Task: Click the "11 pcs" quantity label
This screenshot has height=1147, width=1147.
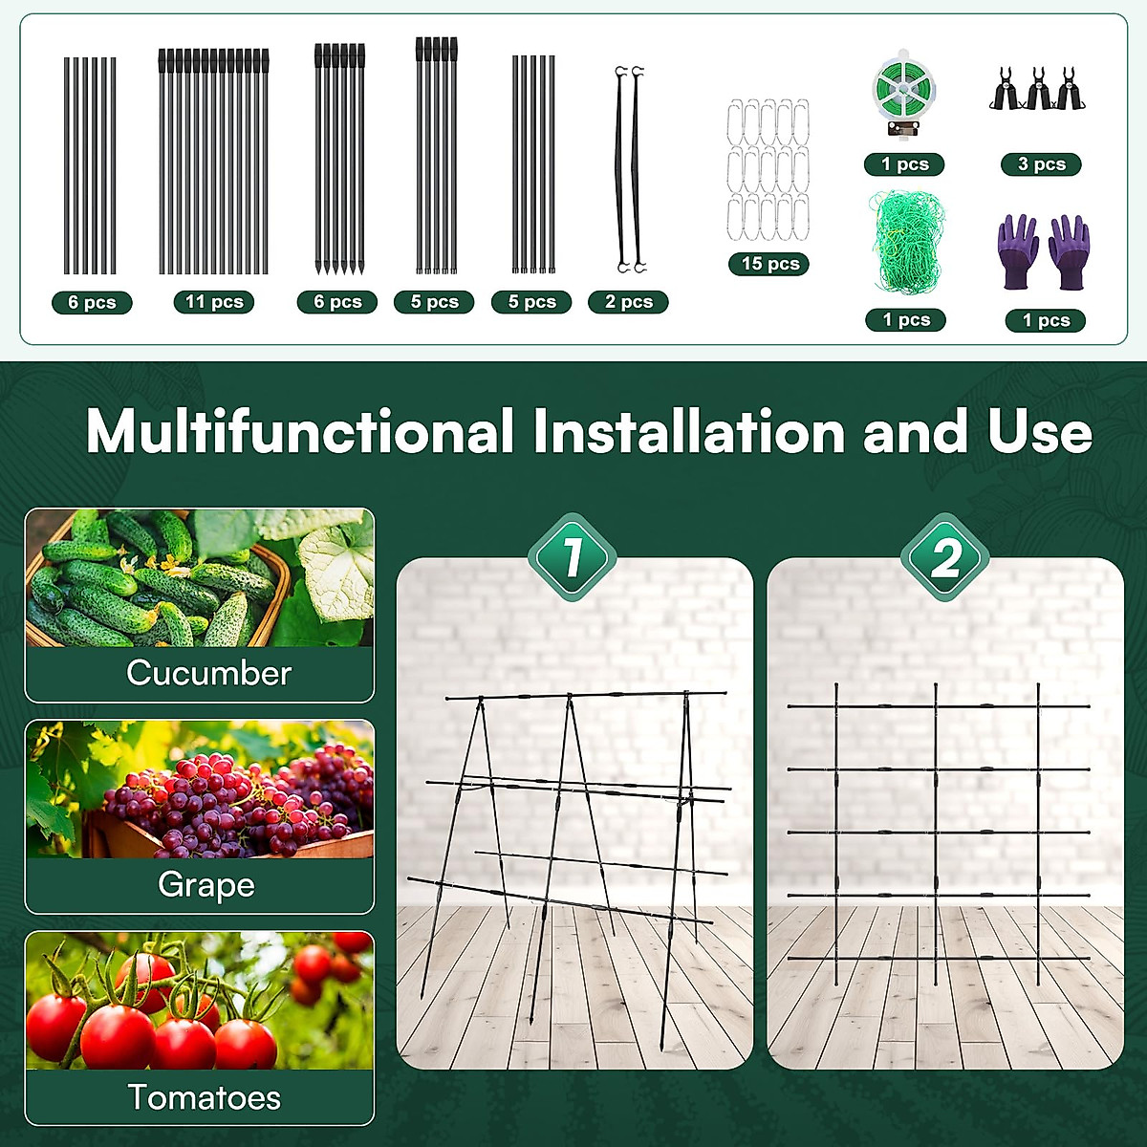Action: [x=214, y=302]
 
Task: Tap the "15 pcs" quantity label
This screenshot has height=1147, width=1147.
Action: [x=770, y=264]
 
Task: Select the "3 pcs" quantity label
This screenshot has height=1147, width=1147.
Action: [x=1041, y=164]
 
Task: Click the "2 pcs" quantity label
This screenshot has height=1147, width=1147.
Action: [x=628, y=302]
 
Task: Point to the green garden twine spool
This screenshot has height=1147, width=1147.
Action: [x=904, y=92]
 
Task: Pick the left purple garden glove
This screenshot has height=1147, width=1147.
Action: [x=1019, y=250]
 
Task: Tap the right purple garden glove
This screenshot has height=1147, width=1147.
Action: [x=1069, y=250]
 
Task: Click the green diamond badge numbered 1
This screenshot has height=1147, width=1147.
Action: [x=573, y=557]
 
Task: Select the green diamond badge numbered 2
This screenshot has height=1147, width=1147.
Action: [x=945, y=557]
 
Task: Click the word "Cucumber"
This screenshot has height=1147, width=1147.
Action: [x=208, y=673]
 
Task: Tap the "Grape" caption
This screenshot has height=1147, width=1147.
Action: [x=206, y=885]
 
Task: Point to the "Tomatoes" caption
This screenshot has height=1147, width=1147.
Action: [x=204, y=1097]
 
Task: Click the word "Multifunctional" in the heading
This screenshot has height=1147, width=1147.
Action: [x=301, y=432]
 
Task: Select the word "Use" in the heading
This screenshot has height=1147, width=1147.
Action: [x=1040, y=432]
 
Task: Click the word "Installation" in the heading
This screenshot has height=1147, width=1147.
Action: [x=689, y=432]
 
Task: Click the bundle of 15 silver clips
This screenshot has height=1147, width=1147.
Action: [x=768, y=170]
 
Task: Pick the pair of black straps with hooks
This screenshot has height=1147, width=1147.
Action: [x=629, y=170]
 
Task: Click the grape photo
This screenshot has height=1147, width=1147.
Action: [x=200, y=790]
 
